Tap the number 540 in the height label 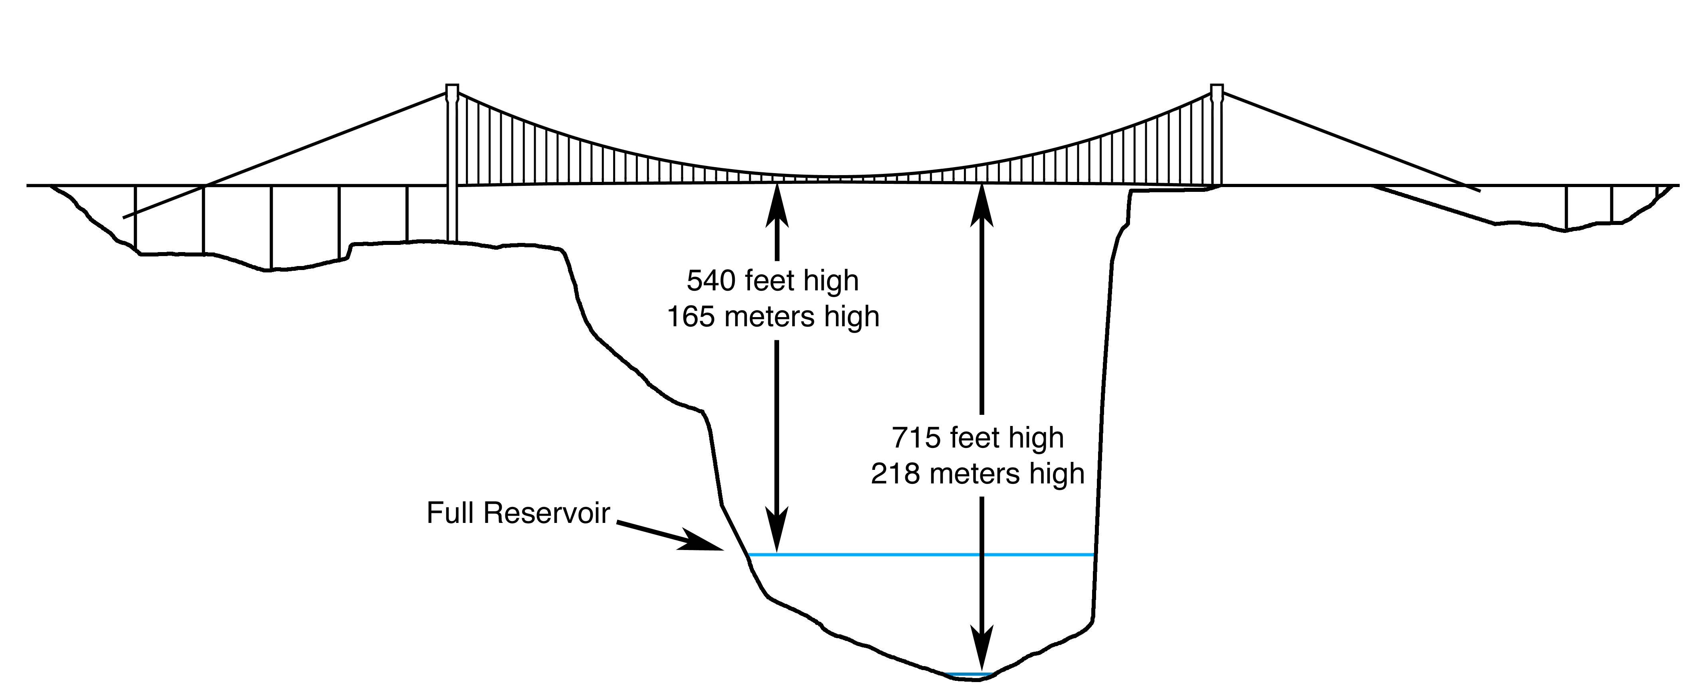click(711, 281)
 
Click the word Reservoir click(547, 513)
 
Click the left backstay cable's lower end click(125, 217)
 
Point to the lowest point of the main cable click(835, 177)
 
